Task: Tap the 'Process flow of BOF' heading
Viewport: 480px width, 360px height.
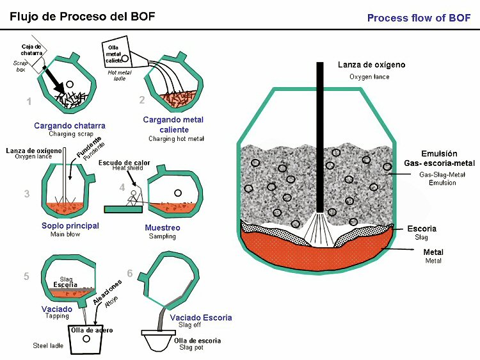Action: click(x=419, y=18)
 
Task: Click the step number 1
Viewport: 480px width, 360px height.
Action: click(x=29, y=101)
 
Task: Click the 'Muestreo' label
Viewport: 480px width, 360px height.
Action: click(x=162, y=227)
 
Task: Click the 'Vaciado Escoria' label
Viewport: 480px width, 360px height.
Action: click(x=200, y=318)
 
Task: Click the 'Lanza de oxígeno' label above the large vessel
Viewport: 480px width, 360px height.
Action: click(x=371, y=65)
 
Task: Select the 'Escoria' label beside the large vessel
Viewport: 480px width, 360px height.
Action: click(x=422, y=228)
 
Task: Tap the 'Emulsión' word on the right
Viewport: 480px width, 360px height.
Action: click(x=439, y=154)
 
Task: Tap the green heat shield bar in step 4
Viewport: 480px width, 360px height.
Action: click(x=125, y=208)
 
